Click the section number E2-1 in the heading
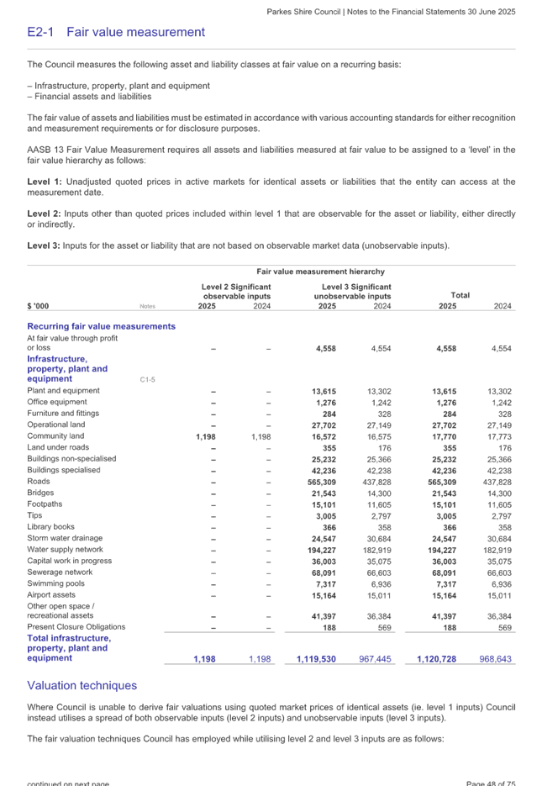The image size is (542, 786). (39, 33)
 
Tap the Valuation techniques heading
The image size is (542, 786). (82, 686)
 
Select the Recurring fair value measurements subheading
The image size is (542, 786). (102, 326)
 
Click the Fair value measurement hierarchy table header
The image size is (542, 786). (320, 272)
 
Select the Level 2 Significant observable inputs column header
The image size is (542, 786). (236, 291)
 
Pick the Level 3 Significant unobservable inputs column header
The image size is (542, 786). (351, 291)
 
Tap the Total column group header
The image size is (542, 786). (459, 295)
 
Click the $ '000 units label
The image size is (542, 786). (39, 306)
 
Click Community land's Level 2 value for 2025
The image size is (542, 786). (206, 436)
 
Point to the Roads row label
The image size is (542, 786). (39, 482)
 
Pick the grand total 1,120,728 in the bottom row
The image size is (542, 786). (437, 659)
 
